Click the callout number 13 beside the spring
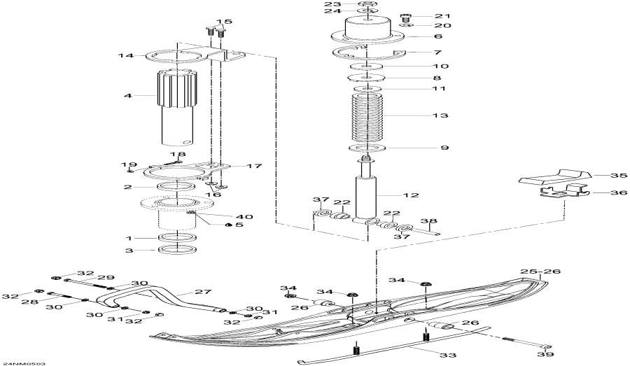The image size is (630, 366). pyautogui.click(x=440, y=115)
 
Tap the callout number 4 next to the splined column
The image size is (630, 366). pyautogui.click(x=128, y=96)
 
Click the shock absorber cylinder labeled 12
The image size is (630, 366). pyautogui.click(x=367, y=197)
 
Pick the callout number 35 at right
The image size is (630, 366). pyautogui.click(x=618, y=176)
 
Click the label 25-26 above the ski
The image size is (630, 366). pyautogui.click(x=542, y=271)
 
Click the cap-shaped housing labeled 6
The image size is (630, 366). pyautogui.click(x=367, y=32)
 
